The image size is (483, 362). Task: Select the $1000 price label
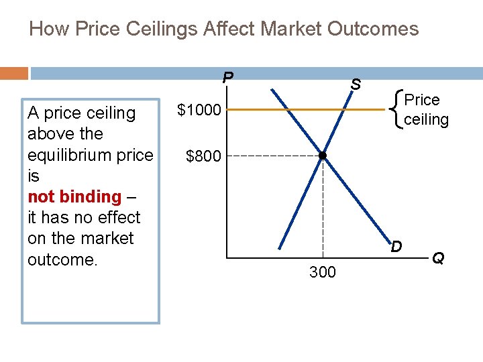(x=199, y=109)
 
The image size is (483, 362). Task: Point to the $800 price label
(x=203, y=156)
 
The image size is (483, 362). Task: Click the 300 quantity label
(x=323, y=272)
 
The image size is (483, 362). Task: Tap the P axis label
(x=228, y=78)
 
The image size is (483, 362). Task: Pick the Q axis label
(x=437, y=257)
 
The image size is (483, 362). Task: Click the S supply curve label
(x=356, y=84)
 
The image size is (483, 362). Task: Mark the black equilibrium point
(x=323, y=156)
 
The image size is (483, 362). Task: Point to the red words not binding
(x=74, y=196)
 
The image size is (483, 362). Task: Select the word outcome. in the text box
(x=62, y=259)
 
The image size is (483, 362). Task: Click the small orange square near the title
(x=14, y=72)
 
